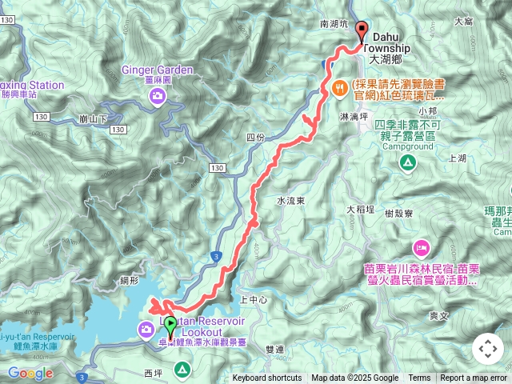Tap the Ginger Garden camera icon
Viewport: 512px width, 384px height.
(158, 97)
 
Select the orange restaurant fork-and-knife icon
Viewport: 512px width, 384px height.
(340, 88)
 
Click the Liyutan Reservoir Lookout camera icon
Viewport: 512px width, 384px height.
(146, 328)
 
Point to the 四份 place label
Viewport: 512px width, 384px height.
(255, 137)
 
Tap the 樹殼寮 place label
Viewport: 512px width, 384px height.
(398, 214)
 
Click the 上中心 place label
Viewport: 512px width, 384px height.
(254, 299)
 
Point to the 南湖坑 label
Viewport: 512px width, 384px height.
(334, 25)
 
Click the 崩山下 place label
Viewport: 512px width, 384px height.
(94, 118)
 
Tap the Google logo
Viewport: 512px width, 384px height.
(30, 373)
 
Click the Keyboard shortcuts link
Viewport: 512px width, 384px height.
(267, 378)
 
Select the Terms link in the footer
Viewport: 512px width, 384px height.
(419, 378)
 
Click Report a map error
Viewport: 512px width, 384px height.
(474, 378)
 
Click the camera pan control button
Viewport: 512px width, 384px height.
(488, 349)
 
